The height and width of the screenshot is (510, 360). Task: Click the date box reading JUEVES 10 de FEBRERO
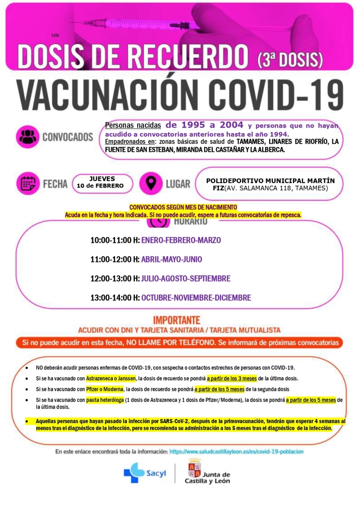coord(102,182)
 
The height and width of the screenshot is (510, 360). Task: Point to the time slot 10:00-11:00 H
coord(115,240)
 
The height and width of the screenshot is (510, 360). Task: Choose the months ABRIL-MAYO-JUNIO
coord(171,259)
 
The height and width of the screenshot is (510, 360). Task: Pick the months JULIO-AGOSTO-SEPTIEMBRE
coord(186,278)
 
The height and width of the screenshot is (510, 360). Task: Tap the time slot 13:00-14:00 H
coord(115,298)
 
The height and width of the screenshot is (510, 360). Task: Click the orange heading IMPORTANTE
coord(176,320)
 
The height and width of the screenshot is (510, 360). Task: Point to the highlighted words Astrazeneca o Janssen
coord(111,378)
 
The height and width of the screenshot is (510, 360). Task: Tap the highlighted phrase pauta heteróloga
coord(105,400)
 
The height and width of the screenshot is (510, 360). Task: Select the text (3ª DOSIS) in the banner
coord(289,59)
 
